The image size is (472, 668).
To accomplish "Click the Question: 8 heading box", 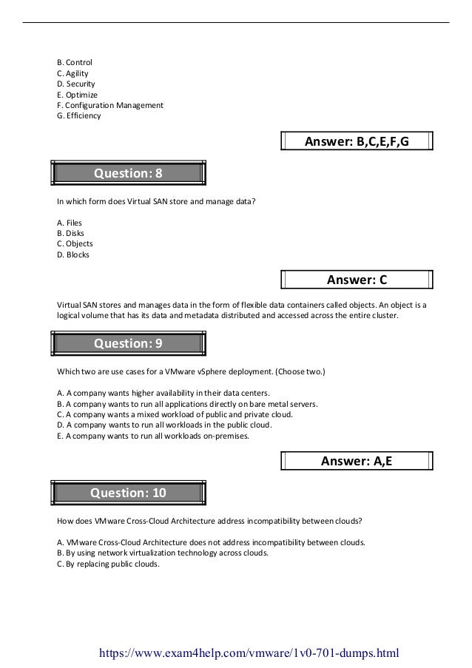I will [127, 174].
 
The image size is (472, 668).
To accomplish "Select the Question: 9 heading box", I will [127, 344].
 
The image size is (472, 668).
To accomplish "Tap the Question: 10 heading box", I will [127, 493].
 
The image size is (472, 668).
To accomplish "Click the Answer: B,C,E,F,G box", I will [357, 141].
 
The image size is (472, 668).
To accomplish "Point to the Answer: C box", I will [357, 280].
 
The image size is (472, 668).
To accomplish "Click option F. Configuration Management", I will [109, 105].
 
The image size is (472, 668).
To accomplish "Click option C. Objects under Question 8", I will [75, 243].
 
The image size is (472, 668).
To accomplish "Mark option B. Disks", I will [70, 233].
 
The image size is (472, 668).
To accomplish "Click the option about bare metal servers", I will [187, 404].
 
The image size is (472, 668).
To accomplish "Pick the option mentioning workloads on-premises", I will [153, 436].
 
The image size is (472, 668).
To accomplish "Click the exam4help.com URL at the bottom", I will [243, 653].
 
